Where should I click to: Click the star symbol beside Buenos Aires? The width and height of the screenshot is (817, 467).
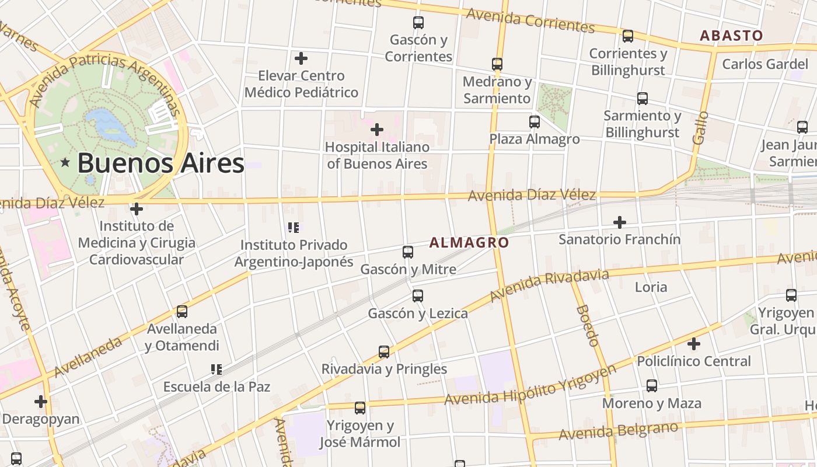point(65,163)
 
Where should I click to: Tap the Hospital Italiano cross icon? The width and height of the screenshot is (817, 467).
point(377,129)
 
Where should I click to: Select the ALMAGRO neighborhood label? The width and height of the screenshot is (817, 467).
point(469,242)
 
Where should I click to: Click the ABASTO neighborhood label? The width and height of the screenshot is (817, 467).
point(731,36)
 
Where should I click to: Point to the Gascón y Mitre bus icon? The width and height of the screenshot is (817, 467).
point(408,252)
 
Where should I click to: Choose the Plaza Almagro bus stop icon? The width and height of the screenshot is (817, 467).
point(534,122)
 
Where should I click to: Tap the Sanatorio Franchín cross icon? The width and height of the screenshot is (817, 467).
point(620,222)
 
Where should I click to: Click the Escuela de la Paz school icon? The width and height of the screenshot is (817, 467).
point(217,370)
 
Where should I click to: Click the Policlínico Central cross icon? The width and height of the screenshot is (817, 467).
point(693,344)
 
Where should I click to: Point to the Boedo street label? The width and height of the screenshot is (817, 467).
point(587,325)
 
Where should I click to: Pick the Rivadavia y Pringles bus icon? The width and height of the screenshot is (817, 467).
point(384,352)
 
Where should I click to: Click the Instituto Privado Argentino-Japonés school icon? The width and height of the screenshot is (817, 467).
point(294,228)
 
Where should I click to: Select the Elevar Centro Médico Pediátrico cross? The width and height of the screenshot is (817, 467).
point(301,58)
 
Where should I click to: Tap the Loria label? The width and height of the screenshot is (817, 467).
point(651,287)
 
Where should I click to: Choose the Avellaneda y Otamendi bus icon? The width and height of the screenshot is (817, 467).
point(182,312)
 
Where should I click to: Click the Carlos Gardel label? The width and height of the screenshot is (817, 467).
point(764,64)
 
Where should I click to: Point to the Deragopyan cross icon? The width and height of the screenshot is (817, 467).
point(41,402)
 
